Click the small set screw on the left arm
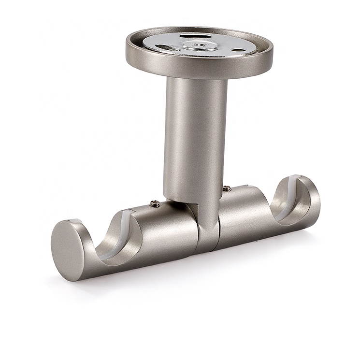[155, 204]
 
